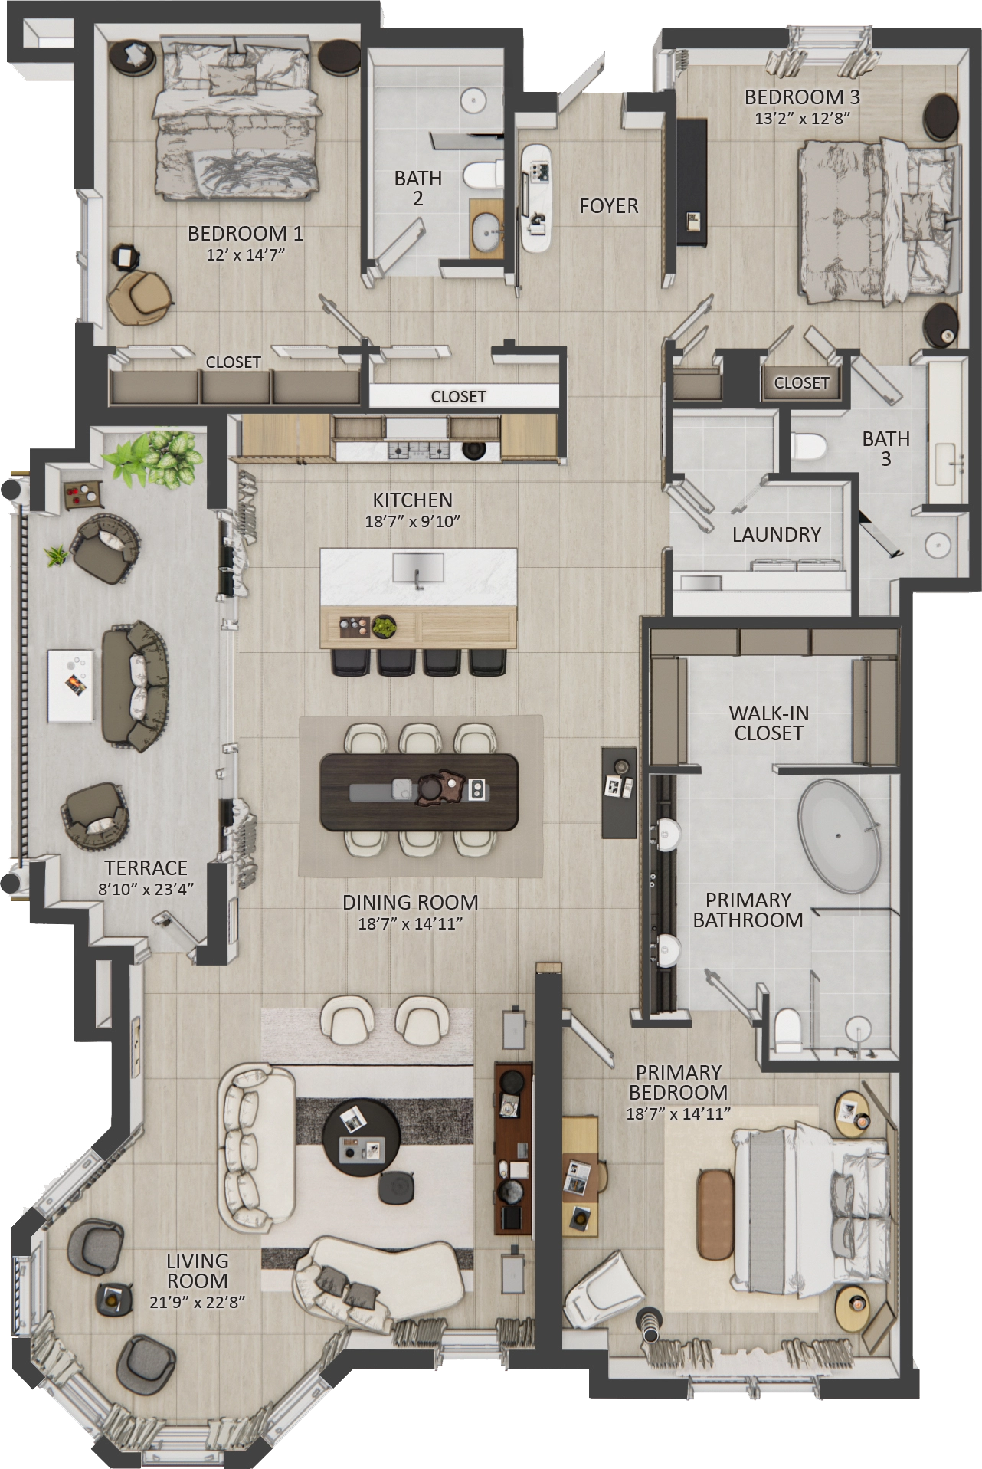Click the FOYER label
click(609, 206)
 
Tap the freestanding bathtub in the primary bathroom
click(840, 836)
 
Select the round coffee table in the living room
click(361, 1138)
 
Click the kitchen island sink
click(417, 569)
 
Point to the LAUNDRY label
click(776, 535)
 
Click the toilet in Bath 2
click(483, 175)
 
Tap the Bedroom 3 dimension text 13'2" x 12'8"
click(802, 119)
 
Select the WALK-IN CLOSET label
click(768, 723)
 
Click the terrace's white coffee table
click(71, 685)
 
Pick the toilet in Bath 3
click(807, 445)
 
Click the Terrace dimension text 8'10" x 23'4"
click(146, 889)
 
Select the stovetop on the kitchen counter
click(418, 450)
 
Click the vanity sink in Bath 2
click(486, 231)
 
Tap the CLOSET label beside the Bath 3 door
click(801, 382)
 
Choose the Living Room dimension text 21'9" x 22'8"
click(197, 1301)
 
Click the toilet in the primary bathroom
click(787, 1030)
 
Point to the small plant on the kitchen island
click(384, 627)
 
